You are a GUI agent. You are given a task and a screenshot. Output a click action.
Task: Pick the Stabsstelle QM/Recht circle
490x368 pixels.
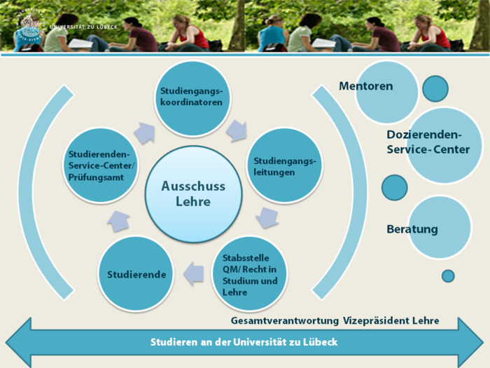[x=250, y=273]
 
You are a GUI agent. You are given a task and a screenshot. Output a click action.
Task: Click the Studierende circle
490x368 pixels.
[x=136, y=274]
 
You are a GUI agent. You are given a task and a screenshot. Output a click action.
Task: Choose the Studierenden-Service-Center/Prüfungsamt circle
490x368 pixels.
[x=102, y=165]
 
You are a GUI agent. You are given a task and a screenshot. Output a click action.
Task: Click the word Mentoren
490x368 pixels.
[x=365, y=86]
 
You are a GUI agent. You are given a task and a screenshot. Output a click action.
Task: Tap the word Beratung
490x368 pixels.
[x=412, y=229]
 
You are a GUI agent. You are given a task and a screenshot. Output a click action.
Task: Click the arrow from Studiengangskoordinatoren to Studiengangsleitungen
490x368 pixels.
[x=236, y=130]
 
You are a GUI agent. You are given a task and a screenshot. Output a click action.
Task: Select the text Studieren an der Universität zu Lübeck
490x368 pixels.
[x=244, y=342]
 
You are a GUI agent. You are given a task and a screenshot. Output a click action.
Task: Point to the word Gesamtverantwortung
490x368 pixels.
[x=286, y=320]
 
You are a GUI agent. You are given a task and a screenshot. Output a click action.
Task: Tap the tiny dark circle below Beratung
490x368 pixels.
[x=448, y=275]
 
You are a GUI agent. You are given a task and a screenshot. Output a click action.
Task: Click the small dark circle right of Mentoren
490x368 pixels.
[x=435, y=88]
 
